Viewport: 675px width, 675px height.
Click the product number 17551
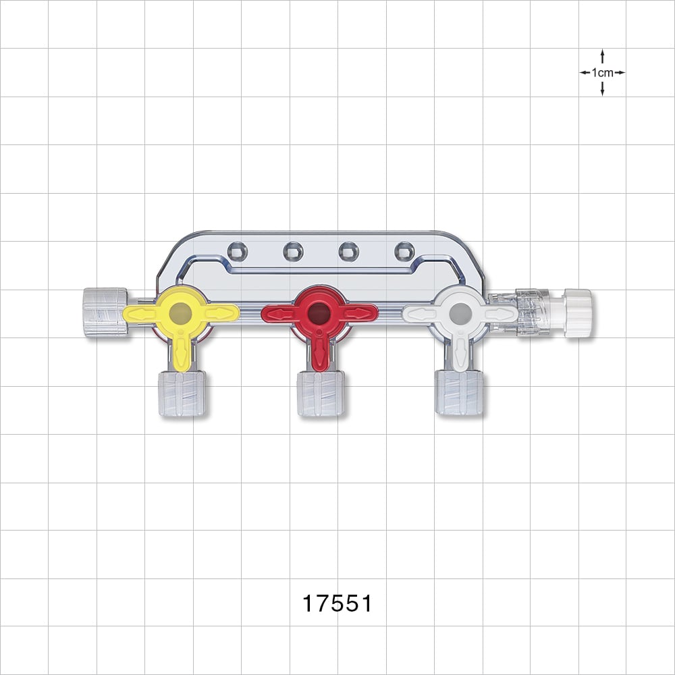tap(337, 603)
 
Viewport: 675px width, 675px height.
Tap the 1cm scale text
tap(602, 72)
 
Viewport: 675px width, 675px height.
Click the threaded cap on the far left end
tap(105, 312)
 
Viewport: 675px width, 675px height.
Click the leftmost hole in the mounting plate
tap(237, 251)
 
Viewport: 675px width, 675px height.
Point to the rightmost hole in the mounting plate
tap(403, 251)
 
